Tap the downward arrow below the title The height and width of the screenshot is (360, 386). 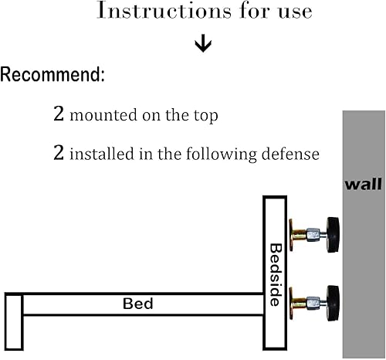point(203,43)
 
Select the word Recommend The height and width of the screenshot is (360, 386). point(52,76)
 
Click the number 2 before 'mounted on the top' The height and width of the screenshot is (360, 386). point(58,116)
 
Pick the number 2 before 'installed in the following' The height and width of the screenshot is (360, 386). point(58,153)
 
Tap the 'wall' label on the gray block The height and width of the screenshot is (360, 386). point(362,185)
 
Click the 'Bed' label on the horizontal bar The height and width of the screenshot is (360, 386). point(138,304)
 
